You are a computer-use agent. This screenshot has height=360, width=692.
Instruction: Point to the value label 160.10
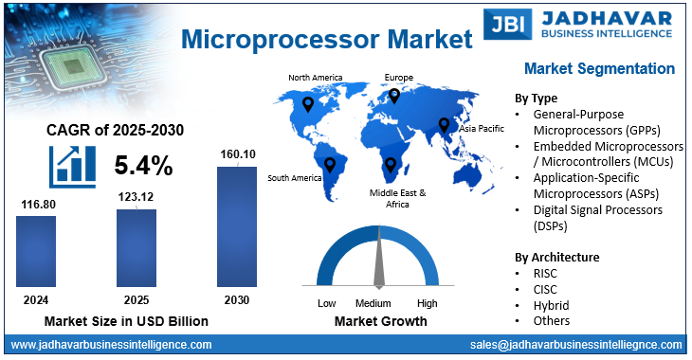236,154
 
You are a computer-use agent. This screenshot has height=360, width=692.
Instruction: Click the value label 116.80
36,203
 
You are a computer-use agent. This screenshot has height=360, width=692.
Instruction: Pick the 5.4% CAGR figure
143,166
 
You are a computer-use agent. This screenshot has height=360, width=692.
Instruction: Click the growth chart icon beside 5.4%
73,165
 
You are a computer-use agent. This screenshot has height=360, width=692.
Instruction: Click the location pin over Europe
394,96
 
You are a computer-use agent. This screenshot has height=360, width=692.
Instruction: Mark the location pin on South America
329,167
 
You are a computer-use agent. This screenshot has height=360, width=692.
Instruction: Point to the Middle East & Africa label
397,198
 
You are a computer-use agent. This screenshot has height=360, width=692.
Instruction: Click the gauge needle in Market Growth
378,261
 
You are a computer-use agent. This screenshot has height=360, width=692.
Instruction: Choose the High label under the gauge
427,303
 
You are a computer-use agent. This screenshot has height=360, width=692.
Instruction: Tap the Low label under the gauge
327,303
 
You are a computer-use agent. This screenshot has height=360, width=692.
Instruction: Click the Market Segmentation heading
599,69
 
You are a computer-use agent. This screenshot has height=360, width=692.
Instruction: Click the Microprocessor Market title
325,40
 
